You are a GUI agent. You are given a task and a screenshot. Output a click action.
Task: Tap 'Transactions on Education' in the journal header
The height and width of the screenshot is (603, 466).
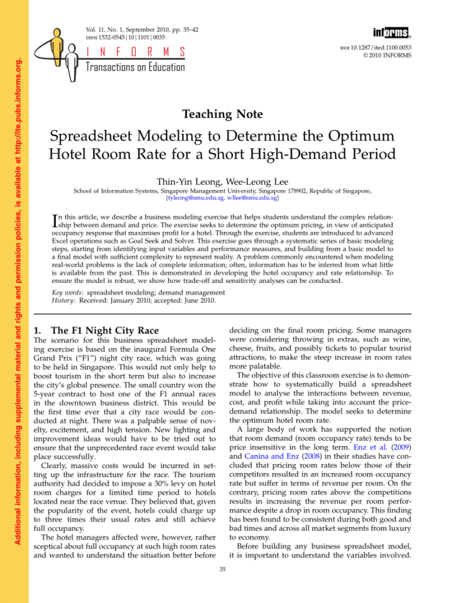coord(135,67)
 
